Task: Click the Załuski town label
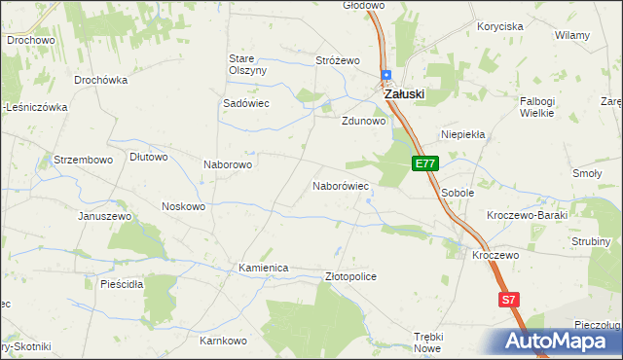click(x=404, y=94)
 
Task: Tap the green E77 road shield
click(x=424, y=164)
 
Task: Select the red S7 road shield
click(x=508, y=301)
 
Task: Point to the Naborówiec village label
click(x=340, y=185)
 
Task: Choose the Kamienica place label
click(x=264, y=268)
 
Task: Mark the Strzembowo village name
click(x=84, y=159)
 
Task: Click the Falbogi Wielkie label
click(x=536, y=107)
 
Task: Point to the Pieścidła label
click(x=122, y=284)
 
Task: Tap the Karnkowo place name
click(x=223, y=342)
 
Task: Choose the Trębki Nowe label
click(x=427, y=342)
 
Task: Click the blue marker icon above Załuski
click(x=386, y=75)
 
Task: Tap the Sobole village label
click(x=458, y=193)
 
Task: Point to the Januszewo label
click(x=104, y=215)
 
